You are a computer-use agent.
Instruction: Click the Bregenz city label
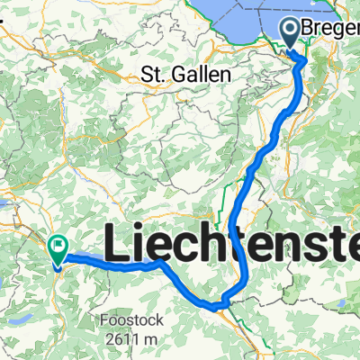(331, 30)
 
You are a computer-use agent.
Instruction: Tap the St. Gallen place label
(186, 74)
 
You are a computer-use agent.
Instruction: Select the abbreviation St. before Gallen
(153, 74)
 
